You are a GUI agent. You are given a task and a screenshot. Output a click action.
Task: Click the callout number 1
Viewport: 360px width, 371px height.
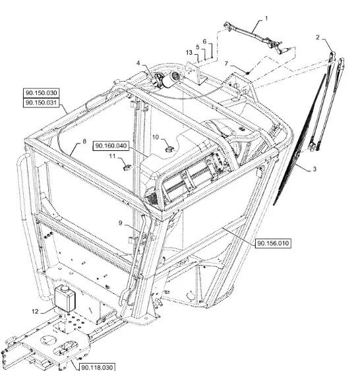click(266, 18)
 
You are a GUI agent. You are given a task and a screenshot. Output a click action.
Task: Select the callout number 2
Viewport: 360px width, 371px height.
click(318, 37)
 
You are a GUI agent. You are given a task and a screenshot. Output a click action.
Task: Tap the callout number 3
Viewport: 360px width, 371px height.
click(315, 169)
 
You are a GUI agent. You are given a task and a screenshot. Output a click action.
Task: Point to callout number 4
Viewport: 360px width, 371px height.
click(138, 63)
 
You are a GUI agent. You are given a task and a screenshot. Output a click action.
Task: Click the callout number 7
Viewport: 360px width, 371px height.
click(227, 64)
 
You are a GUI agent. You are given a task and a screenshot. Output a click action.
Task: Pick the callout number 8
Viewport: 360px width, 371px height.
click(84, 142)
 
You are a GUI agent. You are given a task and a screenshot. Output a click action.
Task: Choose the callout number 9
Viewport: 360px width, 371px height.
click(120, 223)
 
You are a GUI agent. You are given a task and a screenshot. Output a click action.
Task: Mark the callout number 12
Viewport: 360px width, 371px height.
click(35, 312)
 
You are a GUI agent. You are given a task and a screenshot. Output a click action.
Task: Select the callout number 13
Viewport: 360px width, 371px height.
click(189, 53)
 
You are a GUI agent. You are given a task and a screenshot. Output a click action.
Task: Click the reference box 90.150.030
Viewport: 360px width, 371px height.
click(42, 93)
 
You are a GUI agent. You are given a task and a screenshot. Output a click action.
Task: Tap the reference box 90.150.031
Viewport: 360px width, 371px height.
click(42, 103)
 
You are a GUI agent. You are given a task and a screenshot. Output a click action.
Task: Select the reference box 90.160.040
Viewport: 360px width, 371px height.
click(111, 146)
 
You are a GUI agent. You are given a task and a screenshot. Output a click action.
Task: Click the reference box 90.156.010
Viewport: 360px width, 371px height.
click(273, 243)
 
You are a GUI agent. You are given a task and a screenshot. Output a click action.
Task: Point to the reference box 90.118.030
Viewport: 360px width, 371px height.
click(97, 367)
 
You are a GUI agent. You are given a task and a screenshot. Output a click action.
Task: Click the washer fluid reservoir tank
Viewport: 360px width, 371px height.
click(65, 299)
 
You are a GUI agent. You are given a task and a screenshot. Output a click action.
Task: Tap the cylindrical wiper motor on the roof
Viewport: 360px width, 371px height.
click(171, 80)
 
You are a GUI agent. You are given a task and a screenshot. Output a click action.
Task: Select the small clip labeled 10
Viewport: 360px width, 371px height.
click(169, 149)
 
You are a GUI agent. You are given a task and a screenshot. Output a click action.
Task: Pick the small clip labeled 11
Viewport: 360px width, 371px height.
click(127, 167)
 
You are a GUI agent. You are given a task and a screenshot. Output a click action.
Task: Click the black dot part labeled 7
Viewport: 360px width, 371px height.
click(248, 73)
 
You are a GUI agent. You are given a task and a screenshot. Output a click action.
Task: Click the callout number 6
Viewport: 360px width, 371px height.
click(205, 42)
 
